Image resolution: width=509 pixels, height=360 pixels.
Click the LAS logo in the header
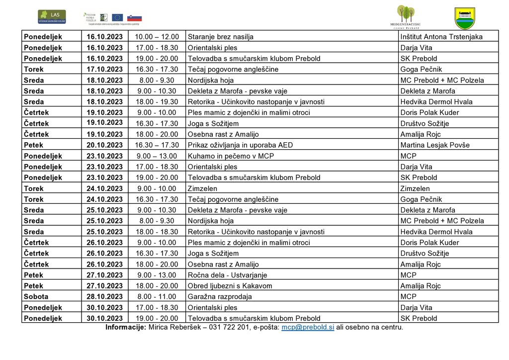point(52,17)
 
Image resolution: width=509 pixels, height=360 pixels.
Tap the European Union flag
point(118,18)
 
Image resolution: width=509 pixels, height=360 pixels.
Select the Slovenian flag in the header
point(134,18)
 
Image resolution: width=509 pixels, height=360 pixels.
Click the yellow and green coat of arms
point(465,18)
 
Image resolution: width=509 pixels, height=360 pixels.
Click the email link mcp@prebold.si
point(308,327)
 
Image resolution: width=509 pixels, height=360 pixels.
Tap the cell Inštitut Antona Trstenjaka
point(441,37)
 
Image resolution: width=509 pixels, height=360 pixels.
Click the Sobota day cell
point(36,297)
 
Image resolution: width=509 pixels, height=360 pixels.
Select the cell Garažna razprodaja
point(220,297)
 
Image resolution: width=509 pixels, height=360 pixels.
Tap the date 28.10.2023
point(104,297)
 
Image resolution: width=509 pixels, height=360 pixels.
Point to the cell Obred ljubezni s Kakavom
point(230,286)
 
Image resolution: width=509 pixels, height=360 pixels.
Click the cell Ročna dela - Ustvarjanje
point(227,275)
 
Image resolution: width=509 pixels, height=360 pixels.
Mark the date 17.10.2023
point(104,69)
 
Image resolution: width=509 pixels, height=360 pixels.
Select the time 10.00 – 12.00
point(157,37)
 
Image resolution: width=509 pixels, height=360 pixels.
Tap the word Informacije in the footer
point(126,327)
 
